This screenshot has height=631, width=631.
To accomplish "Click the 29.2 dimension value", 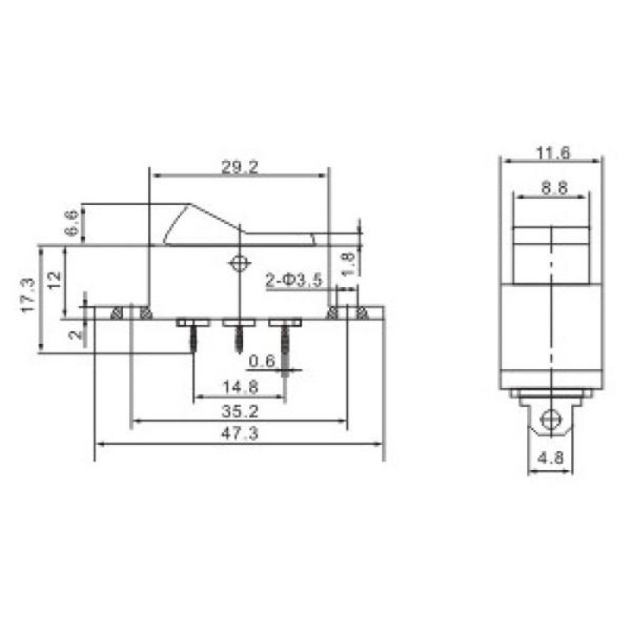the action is tap(240, 167).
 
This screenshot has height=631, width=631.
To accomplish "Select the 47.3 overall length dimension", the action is tap(240, 433).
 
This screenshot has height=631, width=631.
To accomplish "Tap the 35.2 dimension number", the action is tap(240, 411).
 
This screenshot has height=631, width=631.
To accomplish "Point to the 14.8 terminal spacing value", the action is tap(241, 387).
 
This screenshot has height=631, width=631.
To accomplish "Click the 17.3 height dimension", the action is tap(28, 295).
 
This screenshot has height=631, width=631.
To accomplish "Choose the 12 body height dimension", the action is tap(54, 280).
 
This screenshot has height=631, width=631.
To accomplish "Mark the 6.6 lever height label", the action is tap(71, 223).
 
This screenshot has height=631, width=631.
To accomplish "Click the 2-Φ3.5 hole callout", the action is tap(294, 280).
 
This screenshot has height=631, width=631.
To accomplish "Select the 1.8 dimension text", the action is tap(348, 263).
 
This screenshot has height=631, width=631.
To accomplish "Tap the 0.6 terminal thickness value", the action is tap(262, 361).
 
